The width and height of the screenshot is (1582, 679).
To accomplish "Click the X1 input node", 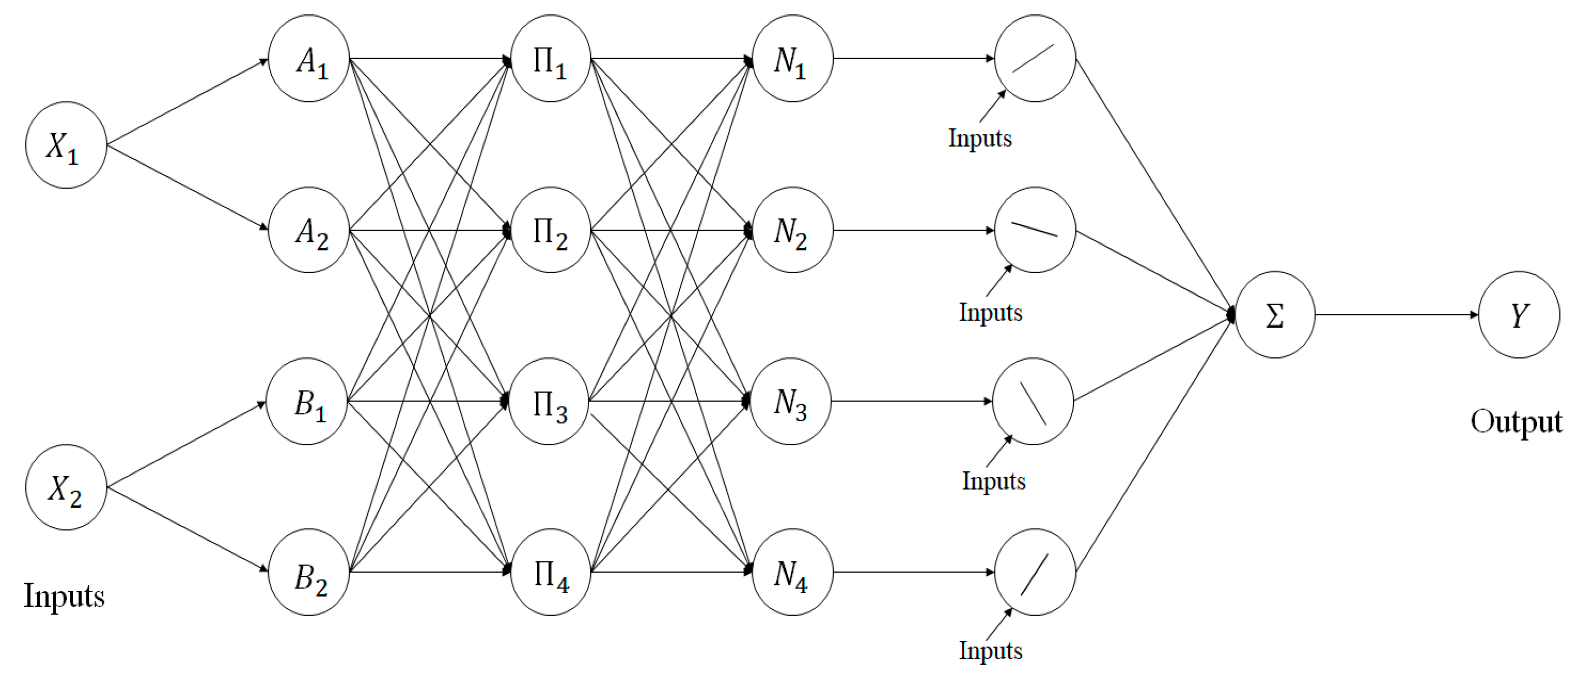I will coord(66,145).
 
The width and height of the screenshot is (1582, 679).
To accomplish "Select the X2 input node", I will coord(66,487).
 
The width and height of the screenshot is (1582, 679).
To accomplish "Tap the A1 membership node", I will coord(309,59).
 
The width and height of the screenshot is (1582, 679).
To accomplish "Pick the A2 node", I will coord(309,230).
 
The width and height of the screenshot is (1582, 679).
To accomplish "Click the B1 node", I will coord(307,401).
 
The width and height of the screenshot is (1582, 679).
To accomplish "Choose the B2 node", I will coord(309,572).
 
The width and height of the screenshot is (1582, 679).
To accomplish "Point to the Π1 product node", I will coord(550,59).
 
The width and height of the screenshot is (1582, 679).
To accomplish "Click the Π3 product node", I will coord(549,401).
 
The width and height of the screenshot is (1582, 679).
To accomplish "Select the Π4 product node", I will coord(550,572).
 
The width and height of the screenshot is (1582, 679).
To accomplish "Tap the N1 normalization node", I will coord(792,59).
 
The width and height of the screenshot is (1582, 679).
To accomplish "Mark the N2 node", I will coord(792,230).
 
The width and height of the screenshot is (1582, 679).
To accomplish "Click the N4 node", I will coord(792,572).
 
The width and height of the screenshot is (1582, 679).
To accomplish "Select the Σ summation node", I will coord(1275,315).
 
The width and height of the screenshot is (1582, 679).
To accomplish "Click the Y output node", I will coord(1519,315).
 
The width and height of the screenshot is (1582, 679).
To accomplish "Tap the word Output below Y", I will coord(1516,422).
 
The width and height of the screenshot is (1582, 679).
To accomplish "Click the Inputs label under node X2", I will coord(64,596).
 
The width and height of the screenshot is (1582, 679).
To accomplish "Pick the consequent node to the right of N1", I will coord(1035,59).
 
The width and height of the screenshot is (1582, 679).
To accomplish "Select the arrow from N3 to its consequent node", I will coord(911,401).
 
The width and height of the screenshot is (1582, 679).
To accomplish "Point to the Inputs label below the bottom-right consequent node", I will coord(991,651).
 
